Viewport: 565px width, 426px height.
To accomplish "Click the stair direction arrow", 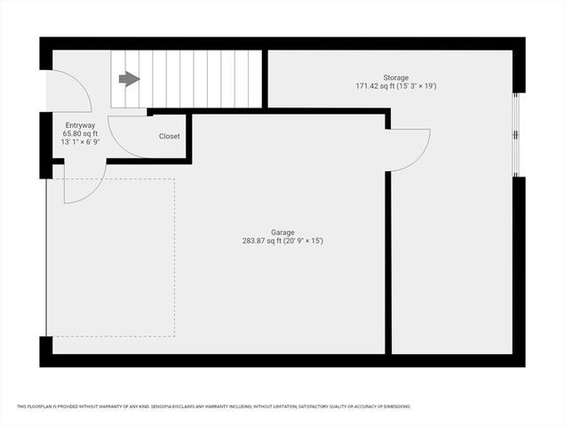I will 129,79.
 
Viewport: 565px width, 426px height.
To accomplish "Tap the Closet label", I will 169,137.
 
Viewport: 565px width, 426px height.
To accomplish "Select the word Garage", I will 282,233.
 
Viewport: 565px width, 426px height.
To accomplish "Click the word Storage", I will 396,78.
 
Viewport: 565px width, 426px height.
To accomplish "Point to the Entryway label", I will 80,125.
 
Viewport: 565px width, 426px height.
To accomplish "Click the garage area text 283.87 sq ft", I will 261,241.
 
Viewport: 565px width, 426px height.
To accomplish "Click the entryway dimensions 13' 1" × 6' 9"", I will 80,142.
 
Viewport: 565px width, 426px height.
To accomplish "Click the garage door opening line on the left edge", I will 46,257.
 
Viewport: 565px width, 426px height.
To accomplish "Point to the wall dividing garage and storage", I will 388,262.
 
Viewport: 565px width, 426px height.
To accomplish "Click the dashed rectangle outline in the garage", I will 174,257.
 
